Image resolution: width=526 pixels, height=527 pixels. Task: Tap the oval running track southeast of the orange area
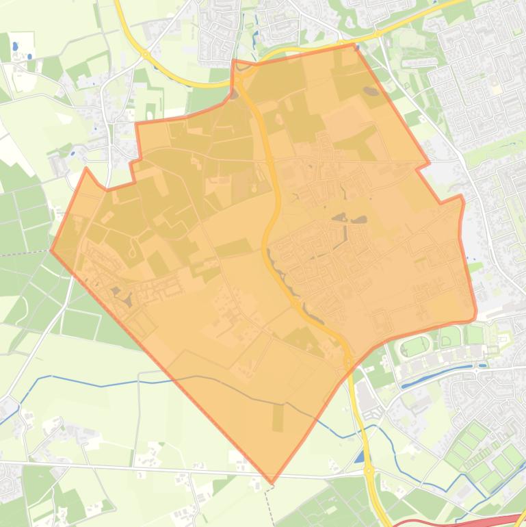click(x=415, y=346)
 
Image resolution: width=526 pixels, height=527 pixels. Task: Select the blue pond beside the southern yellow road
click(x=360, y=457)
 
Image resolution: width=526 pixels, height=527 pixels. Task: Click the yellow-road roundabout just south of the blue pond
click(x=369, y=471)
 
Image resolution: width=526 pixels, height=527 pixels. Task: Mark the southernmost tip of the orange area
click(x=272, y=483)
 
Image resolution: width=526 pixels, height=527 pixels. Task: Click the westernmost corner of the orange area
click(x=51, y=250)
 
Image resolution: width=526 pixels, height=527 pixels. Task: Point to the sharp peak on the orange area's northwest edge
click(x=86, y=168)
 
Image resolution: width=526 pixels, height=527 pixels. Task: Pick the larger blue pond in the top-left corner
click(x=15, y=47)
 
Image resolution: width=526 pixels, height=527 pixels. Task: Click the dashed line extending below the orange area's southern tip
click(x=268, y=503)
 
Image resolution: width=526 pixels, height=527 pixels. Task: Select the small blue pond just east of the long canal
click(x=483, y=365)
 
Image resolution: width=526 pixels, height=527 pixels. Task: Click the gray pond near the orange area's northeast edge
click(x=371, y=91)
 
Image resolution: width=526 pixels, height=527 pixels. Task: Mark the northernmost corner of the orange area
click(x=354, y=44)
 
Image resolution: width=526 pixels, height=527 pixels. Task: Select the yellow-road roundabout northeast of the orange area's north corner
click(x=377, y=34)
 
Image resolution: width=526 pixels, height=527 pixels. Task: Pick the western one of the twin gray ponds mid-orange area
click(x=339, y=218)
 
